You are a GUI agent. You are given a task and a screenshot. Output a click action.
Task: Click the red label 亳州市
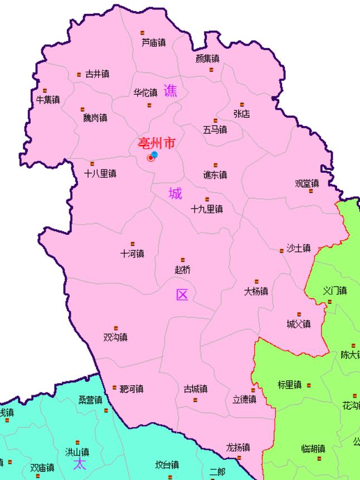[156, 144]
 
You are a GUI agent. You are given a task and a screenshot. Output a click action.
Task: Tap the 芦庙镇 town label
[153, 42]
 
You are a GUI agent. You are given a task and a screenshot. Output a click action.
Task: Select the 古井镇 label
[97, 74]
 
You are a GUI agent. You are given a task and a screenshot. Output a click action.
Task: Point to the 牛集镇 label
[48, 100]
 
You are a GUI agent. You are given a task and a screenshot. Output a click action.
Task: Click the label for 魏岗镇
[95, 118]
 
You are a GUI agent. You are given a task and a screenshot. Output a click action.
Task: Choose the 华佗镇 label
[145, 93]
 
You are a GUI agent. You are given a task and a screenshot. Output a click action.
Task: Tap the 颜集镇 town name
[207, 59]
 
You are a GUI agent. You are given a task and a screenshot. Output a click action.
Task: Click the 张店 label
[241, 114]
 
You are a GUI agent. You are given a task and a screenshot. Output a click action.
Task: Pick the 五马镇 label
[215, 129]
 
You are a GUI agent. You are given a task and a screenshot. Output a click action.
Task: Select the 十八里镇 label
[100, 173]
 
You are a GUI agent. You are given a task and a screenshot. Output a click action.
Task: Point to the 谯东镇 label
[215, 174]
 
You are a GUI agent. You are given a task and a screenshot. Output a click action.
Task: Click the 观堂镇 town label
[307, 183]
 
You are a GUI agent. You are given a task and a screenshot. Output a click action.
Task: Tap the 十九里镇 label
[207, 209]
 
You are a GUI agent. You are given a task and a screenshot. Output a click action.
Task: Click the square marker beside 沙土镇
[281, 251]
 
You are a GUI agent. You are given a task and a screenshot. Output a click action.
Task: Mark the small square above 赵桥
[183, 260]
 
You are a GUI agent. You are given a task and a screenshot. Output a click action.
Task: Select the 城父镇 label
[299, 324]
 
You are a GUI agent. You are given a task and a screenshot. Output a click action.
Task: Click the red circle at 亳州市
[150, 158]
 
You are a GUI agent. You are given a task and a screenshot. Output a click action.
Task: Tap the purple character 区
[182, 295]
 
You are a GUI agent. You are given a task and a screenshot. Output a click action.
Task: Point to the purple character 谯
[170, 90]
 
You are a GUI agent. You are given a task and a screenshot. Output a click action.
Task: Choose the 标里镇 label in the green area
[289, 385]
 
